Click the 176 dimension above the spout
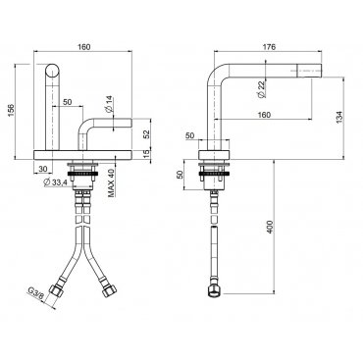(x=269, y=47)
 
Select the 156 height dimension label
(x=11, y=110)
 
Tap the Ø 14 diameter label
(x=108, y=105)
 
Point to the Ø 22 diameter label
(x=261, y=89)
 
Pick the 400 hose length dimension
(x=269, y=227)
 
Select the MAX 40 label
(x=112, y=182)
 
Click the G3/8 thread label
(x=35, y=293)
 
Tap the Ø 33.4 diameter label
(x=55, y=182)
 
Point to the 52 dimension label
(x=146, y=134)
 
